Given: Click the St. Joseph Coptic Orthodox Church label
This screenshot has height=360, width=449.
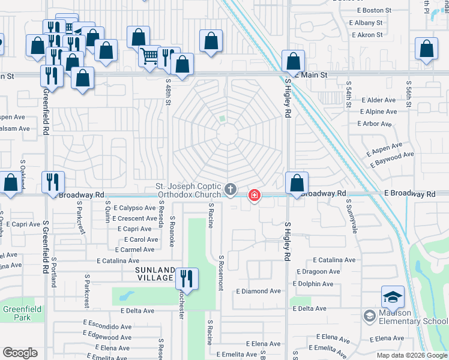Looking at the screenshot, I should click(x=188, y=190).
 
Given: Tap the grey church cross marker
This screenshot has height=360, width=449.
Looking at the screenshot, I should click(x=230, y=190).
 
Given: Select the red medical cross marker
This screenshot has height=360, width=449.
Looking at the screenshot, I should click(x=255, y=195).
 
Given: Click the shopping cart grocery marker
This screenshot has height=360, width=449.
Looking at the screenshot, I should click(x=149, y=56).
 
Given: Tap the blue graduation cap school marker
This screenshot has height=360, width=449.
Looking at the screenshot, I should click(x=393, y=297).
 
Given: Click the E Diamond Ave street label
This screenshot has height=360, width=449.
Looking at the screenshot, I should click(x=258, y=291).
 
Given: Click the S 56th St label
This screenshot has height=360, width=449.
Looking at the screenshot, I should click(x=409, y=93).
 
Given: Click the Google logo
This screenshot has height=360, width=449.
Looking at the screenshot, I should click(x=20, y=353).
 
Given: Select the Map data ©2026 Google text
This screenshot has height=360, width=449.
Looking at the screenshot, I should click(x=411, y=355).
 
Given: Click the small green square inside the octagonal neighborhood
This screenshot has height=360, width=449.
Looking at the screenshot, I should click(x=222, y=119).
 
